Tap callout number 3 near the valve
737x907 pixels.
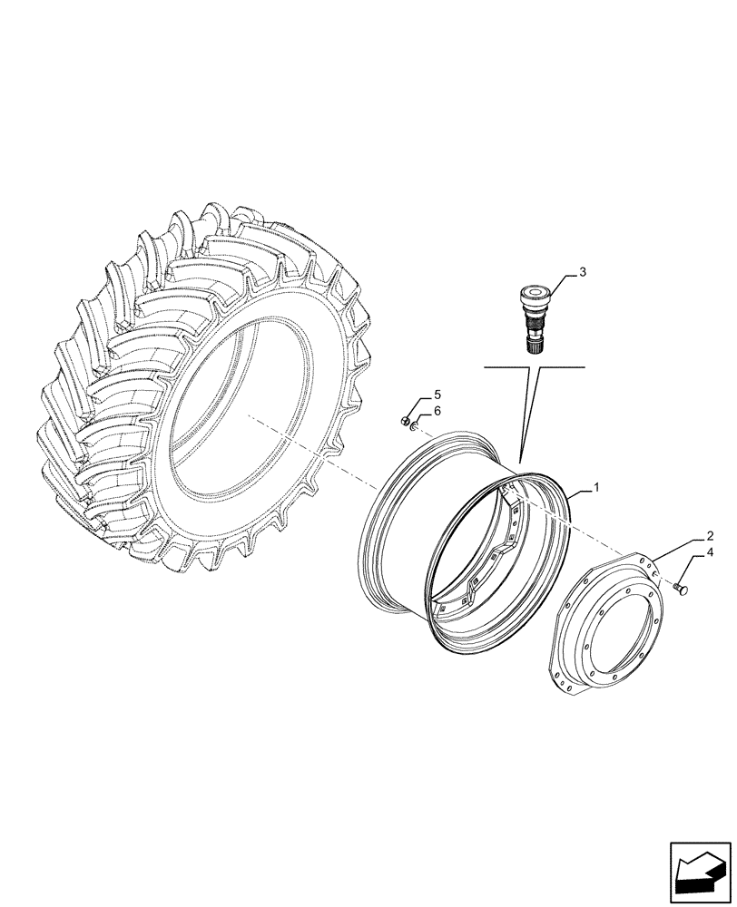pyautogui.click(x=583, y=271)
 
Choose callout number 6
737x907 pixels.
pyautogui.click(x=437, y=411)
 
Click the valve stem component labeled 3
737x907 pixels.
pyautogui.click(x=534, y=318)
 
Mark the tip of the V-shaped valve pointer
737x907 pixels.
pyautogui.click(x=520, y=463)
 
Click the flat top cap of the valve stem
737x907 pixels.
pyautogui.click(x=534, y=293)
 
